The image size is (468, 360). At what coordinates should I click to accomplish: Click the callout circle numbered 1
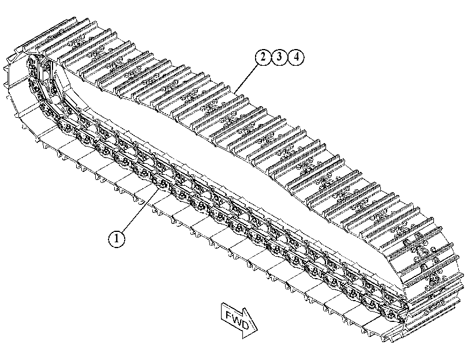[117, 238]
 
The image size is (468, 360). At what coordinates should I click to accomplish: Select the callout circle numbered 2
[263, 57]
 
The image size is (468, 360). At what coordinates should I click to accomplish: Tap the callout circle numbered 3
[279, 57]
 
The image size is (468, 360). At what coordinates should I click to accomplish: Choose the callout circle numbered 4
[296, 57]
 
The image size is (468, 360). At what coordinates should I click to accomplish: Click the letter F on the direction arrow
[230, 315]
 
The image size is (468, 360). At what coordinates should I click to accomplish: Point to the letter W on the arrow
[237, 320]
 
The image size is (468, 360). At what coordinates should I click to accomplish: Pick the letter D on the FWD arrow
[245, 325]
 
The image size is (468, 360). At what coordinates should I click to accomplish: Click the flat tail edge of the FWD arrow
[222, 312]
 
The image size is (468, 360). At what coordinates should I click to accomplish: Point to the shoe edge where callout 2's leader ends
[235, 92]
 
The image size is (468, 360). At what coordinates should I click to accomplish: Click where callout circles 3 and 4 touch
[288, 57]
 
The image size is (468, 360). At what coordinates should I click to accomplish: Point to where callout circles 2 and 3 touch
[271, 57]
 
